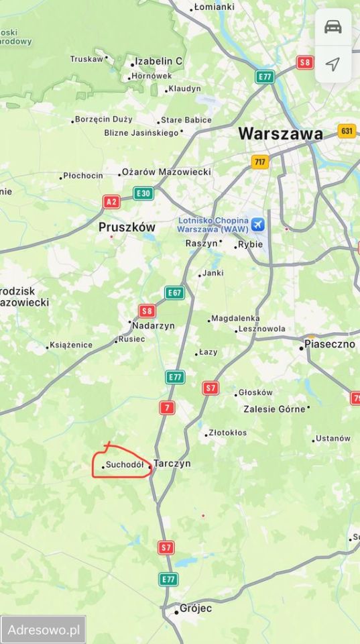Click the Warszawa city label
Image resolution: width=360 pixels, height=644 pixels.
[x=280, y=133]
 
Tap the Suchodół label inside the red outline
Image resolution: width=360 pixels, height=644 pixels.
[x=125, y=464]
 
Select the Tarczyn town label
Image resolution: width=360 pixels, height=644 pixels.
[x=172, y=464]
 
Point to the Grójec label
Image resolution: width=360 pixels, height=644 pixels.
[x=195, y=609]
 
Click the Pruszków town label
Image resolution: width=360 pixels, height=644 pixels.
[x=127, y=227]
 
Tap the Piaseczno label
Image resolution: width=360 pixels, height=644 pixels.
[x=329, y=343]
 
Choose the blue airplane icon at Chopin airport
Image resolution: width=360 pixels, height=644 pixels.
[x=256, y=223]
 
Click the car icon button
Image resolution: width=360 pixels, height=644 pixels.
[x=333, y=27]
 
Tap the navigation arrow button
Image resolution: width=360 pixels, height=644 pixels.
[x=333, y=64]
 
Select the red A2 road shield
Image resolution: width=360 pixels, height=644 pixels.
[x=111, y=201]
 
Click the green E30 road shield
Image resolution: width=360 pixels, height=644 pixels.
[x=143, y=193]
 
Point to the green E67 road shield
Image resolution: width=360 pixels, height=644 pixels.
[x=174, y=292]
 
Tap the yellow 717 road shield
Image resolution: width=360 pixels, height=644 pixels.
[x=260, y=162]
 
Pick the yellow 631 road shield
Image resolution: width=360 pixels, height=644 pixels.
[x=347, y=131]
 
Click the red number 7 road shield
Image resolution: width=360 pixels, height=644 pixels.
[x=168, y=407]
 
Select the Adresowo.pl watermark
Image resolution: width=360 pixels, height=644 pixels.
[x=44, y=630]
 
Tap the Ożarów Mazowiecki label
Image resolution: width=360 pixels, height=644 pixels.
[x=166, y=172]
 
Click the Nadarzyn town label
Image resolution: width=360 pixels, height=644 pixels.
[x=154, y=325]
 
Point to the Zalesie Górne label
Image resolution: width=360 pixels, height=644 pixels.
[x=274, y=409]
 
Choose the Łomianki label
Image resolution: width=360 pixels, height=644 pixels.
[x=213, y=7]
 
